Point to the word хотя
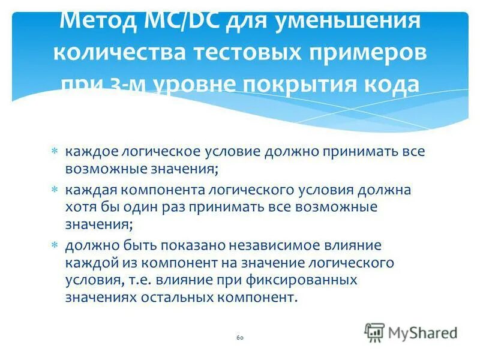[80, 207]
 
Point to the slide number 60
[240, 338]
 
